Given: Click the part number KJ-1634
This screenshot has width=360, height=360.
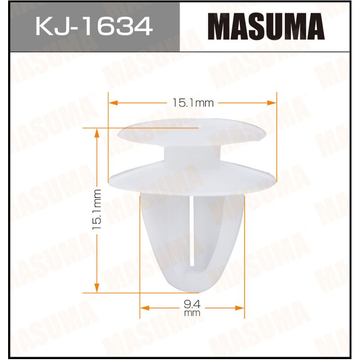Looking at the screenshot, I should [x=93, y=27].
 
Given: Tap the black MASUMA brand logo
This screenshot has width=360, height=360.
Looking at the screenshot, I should [x=268, y=27].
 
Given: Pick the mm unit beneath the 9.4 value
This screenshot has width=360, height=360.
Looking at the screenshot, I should [x=192, y=313].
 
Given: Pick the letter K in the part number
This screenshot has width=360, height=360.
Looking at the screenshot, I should [x=45, y=27].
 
